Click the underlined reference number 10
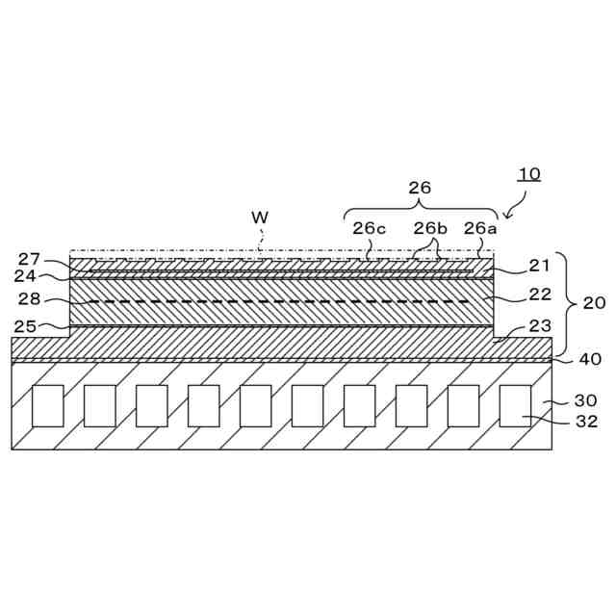coord(529,174)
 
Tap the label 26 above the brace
coord(420,188)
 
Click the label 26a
coord(481,228)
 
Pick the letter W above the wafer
coord(260,218)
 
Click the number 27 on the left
coord(29,259)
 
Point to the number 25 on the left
coord(25,327)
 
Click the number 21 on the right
coord(541,266)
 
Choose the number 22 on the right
coord(541,295)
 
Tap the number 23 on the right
coord(541,325)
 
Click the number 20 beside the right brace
coord(595,302)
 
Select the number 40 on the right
coord(590,359)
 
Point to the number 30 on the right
coord(586,400)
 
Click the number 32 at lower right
coord(586,421)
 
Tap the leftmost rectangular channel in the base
coord(48,405)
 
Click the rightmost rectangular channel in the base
coord(515,405)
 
